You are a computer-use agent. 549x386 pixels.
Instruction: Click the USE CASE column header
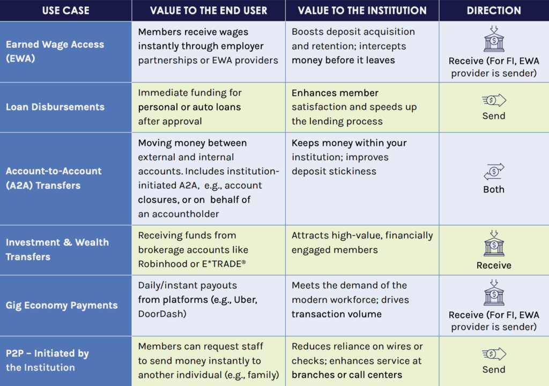(x=65, y=11)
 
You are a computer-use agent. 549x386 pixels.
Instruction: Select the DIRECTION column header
(x=493, y=11)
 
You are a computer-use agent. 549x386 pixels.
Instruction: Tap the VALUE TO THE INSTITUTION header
(x=362, y=11)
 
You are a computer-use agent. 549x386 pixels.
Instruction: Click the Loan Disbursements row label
(x=55, y=107)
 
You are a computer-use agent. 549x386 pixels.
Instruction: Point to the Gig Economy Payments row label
(x=62, y=305)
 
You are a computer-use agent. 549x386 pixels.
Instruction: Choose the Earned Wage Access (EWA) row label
(x=55, y=51)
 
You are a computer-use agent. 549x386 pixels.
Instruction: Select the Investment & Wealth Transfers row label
(x=57, y=249)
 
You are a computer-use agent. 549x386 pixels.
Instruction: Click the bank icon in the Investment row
(x=494, y=244)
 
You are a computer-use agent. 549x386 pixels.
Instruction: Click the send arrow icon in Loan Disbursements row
(x=494, y=100)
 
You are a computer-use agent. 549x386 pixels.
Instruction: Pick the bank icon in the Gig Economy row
(x=494, y=294)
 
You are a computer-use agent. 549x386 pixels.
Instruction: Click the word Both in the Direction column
(x=494, y=189)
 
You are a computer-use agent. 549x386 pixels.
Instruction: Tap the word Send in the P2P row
(x=494, y=369)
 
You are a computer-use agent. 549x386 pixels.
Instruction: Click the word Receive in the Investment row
(x=494, y=265)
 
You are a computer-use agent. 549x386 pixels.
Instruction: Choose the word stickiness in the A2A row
(x=351, y=172)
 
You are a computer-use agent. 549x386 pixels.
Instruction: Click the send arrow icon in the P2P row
(x=494, y=354)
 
